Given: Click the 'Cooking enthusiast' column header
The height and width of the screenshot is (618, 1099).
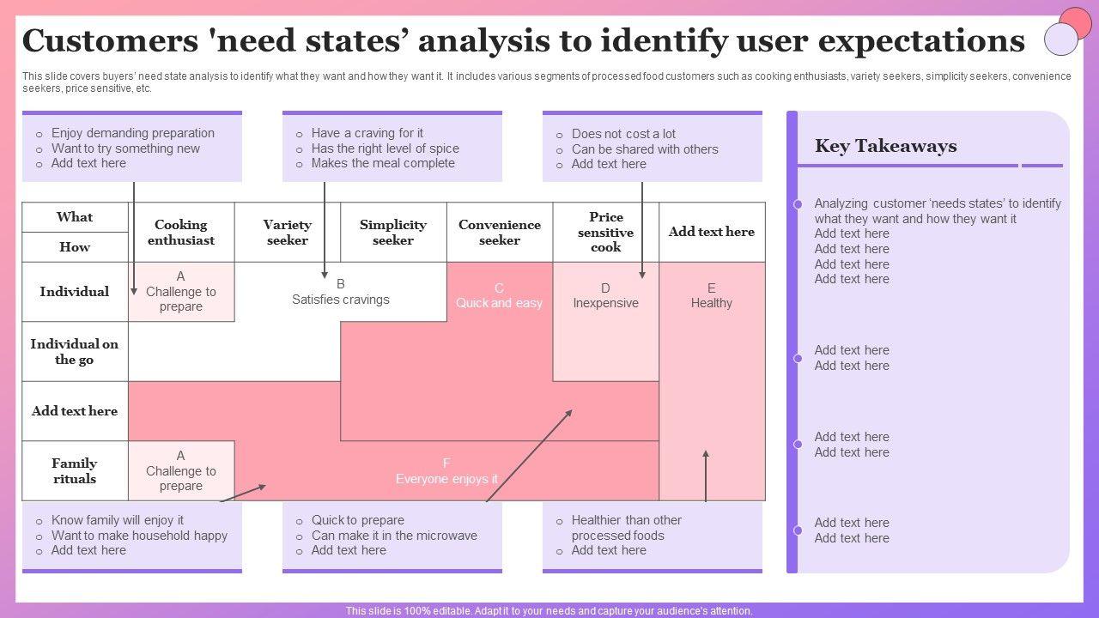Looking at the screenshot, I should click(x=181, y=233).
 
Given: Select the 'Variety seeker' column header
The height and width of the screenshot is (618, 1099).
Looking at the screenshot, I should click(x=287, y=233).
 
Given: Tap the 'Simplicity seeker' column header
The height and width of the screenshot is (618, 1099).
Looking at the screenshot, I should click(x=393, y=233).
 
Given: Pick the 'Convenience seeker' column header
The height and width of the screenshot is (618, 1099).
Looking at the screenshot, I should click(x=500, y=233).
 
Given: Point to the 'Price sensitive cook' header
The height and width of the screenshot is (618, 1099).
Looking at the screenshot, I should click(x=605, y=232).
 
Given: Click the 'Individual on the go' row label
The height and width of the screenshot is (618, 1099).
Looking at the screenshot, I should click(x=75, y=352).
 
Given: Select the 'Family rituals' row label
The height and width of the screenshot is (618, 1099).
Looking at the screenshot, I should click(x=75, y=471).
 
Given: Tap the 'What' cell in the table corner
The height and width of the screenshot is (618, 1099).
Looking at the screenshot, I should click(x=75, y=217).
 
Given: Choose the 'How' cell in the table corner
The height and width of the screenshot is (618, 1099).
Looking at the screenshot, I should click(x=75, y=247).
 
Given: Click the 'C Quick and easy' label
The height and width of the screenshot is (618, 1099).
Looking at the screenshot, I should click(x=499, y=295).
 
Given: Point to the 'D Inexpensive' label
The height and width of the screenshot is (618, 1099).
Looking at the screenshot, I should click(x=605, y=295).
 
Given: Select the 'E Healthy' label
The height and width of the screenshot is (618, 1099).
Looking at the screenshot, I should click(x=712, y=295).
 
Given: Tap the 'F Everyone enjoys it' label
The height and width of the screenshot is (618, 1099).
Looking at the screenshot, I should click(x=446, y=471).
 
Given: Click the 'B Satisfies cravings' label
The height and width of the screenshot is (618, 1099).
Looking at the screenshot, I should click(x=341, y=292).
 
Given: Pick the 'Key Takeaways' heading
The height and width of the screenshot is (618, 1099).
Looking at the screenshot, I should click(x=885, y=146).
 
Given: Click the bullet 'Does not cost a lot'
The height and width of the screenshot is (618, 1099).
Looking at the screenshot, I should click(x=623, y=134).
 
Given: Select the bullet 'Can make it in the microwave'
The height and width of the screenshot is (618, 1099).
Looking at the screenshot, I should click(x=394, y=536).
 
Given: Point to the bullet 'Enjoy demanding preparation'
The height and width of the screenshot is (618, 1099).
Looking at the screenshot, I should click(x=133, y=133).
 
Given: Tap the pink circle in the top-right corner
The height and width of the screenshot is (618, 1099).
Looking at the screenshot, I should click(x=1075, y=23).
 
